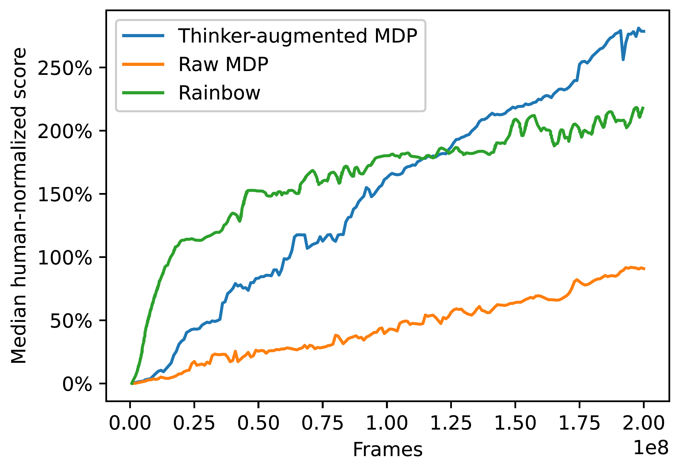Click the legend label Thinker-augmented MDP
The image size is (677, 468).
pos(297,36)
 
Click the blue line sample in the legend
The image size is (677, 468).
pos(143,36)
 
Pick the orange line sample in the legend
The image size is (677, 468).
pos(143,64)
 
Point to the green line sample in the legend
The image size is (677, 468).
pos(143,93)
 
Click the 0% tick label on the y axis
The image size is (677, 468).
pos(77,385)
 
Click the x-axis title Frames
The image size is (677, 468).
pos(387,450)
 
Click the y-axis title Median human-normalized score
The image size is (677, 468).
pos(19,205)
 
